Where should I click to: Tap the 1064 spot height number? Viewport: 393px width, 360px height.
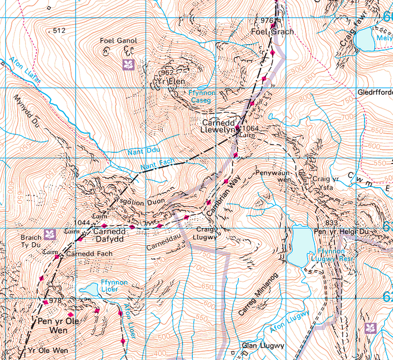tap(250, 129)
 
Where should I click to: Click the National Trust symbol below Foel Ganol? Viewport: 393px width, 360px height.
tap(129, 64)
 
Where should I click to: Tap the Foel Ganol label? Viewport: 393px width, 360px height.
tap(118, 41)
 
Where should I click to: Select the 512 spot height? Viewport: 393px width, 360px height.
tap(59, 30)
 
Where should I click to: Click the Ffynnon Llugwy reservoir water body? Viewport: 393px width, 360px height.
tap(300, 245)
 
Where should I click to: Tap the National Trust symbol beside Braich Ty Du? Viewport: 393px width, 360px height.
tap(49, 234)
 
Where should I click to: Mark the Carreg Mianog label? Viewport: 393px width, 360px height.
tap(254, 294)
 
